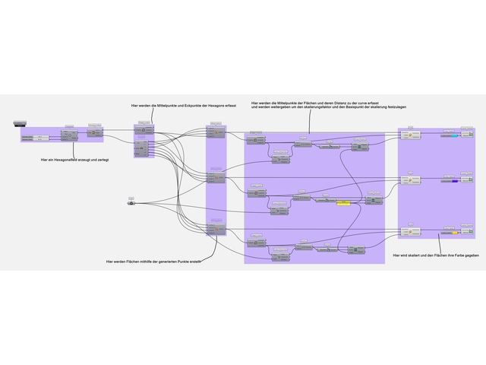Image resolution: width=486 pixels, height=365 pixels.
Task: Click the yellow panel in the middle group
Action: click(x=343, y=203)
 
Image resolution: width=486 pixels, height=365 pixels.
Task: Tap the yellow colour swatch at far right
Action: click(x=457, y=233)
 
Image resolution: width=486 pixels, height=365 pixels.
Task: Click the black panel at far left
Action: click(x=20, y=122)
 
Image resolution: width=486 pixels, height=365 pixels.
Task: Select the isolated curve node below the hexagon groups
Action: click(x=131, y=202)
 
